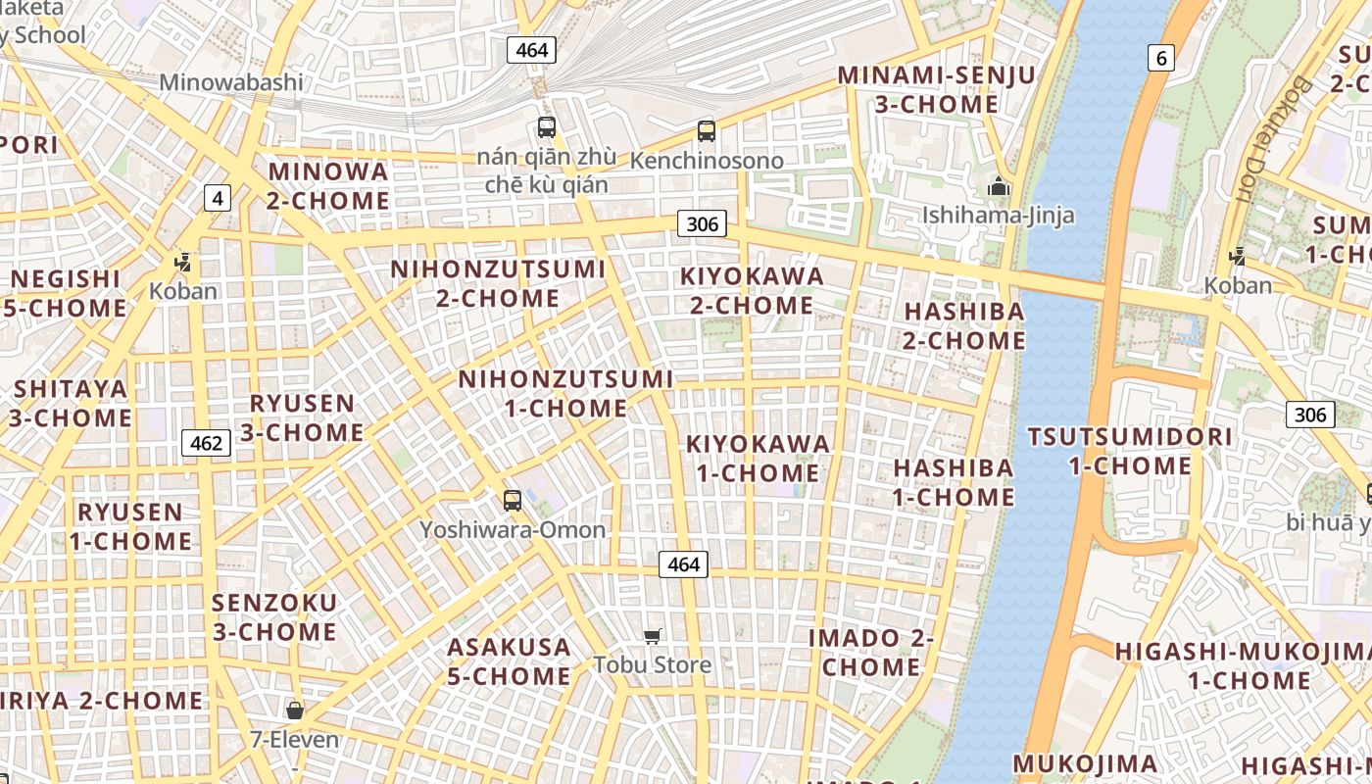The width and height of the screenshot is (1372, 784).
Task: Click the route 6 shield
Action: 1161,58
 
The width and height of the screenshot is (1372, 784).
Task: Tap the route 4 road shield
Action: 218,199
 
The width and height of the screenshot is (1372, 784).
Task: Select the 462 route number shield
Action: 206,443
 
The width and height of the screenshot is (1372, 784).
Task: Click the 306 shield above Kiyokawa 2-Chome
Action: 702,223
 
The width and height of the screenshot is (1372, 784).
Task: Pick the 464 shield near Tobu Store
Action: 683,564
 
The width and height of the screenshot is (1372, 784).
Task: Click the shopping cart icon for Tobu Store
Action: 653,637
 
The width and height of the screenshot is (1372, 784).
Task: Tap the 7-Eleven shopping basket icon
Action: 294,710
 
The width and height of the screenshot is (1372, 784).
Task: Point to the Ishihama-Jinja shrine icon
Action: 999,186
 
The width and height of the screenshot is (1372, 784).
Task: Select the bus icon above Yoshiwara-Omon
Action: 513,501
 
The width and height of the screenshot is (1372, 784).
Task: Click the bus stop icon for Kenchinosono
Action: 707,131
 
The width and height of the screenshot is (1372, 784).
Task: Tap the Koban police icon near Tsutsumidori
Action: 1237,257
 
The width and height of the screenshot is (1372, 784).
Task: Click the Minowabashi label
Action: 231,82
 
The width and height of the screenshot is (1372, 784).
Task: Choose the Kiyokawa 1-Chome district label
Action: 758,459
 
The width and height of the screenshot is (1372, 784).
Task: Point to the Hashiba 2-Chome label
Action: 964,326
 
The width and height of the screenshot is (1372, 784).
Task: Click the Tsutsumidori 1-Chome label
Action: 1129,451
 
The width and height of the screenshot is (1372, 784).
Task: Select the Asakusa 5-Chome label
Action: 509,661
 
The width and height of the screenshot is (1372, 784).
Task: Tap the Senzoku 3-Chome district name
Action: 274,617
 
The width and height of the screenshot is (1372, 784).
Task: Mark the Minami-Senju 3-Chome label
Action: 936,89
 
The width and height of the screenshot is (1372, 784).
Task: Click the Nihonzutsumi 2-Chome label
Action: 498,283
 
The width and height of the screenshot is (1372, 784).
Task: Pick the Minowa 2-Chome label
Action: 328,186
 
